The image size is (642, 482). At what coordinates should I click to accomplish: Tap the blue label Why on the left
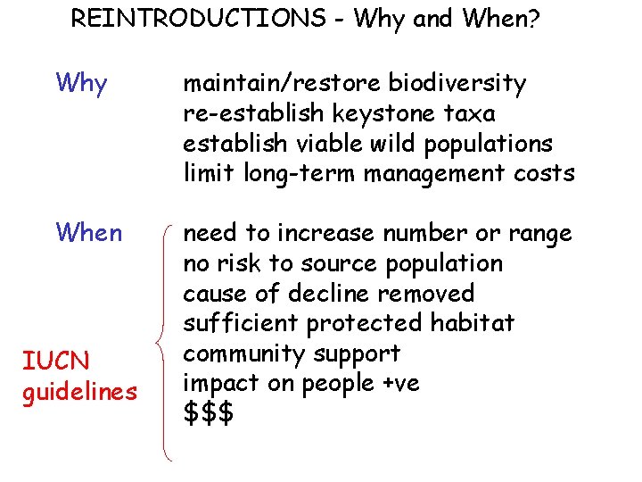click(81, 84)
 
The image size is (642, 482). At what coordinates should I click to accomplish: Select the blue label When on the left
click(88, 233)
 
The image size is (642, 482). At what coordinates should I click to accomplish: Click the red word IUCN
click(54, 361)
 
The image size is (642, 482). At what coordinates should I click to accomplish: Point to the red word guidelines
click(79, 392)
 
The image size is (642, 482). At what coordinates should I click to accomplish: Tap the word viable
click(322, 144)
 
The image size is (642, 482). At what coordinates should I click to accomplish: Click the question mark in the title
click(532, 19)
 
